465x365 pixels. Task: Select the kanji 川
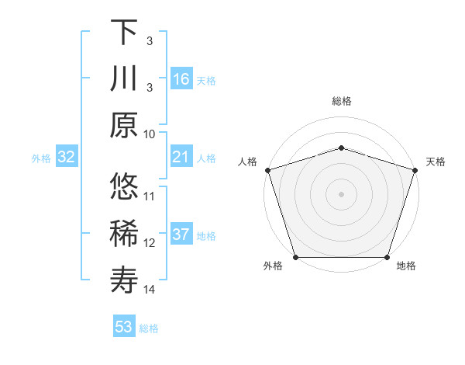pos(125,78)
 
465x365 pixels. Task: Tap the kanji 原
pos(125,124)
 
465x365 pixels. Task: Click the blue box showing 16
pos(181,79)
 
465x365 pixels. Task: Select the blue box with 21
pos(181,158)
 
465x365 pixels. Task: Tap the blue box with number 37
pos(181,235)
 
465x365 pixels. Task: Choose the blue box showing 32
pos(67,158)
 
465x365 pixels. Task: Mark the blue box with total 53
pos(124,327)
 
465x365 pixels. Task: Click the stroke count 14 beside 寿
pos(150,290)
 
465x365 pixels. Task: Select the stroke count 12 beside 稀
pos(150,243)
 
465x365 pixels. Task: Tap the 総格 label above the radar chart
pos(342,102)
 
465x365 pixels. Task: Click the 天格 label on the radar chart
pos(436,162)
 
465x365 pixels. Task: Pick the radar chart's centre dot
pos(342,193)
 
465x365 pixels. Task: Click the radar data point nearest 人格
pos(267,169)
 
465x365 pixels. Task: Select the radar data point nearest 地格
pos(387,257)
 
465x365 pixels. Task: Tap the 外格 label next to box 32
pos(41,158)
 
